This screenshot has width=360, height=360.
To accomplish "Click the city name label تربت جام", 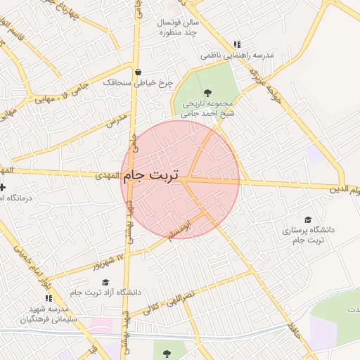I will (150, 175).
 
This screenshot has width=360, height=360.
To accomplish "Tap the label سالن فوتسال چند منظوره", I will (179, 27).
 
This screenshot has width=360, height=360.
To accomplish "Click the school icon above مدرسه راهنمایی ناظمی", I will (237, 44).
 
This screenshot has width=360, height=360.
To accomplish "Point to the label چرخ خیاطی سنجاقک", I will (138, 82).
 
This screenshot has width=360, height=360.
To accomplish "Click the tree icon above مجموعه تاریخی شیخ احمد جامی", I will (207, 92).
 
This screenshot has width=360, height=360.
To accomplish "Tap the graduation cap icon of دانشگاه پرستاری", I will (307, 219).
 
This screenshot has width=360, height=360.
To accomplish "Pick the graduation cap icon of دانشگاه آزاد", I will (105, 282).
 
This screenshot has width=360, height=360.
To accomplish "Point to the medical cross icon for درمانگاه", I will (2, 188).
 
